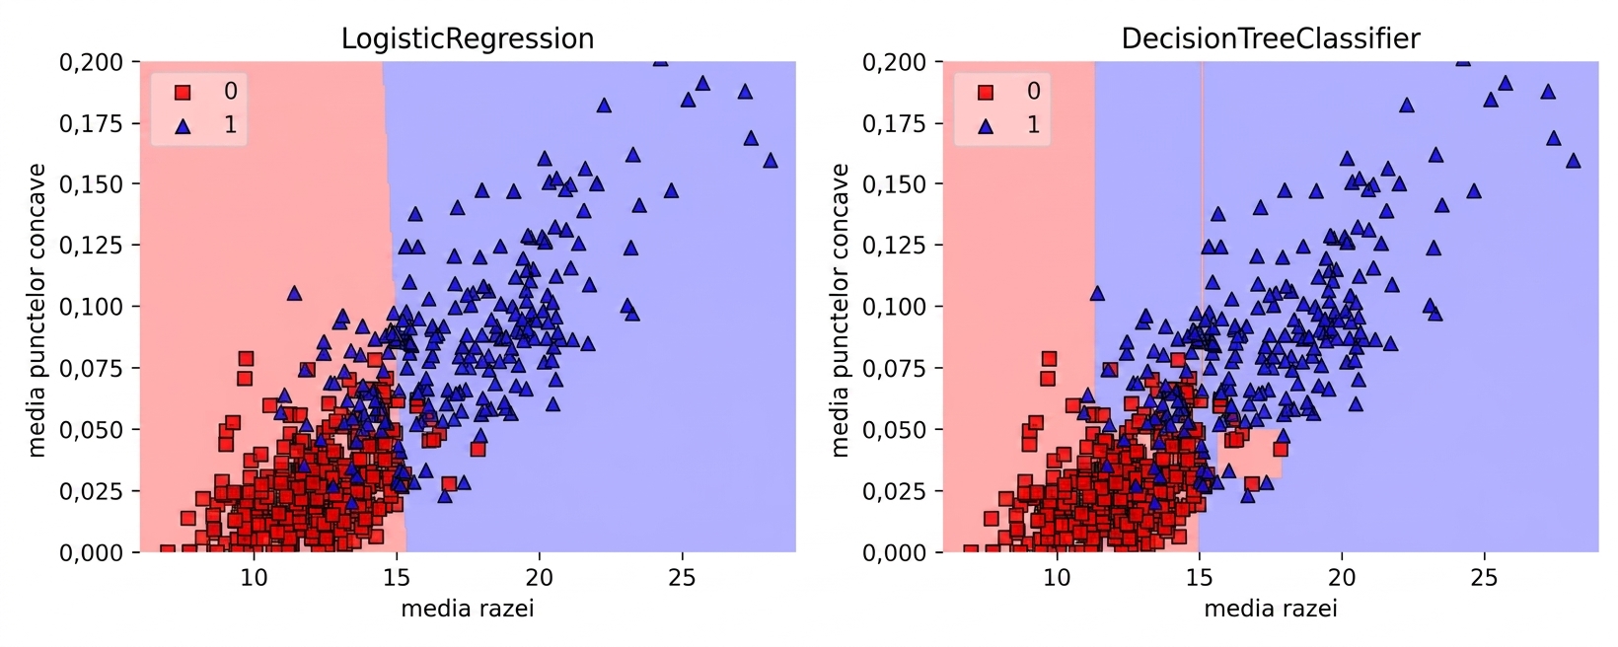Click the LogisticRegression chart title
click(468, 39)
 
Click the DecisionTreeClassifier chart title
click(1271, 39)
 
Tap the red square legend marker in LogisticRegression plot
click(183, 92)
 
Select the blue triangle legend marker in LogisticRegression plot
click(183, 125)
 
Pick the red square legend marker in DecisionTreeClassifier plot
click(986, 92)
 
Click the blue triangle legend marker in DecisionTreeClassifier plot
click(986, 125)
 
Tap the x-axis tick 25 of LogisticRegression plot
click(682, 578)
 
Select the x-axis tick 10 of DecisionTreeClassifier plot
click(1057, 578)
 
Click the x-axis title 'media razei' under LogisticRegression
click(468, 609)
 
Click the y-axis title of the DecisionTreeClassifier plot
click(840, 310)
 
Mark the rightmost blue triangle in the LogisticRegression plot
click(771, 161)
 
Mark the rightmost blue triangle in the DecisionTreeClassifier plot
click(1574, 161)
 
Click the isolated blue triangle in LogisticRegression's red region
click(294, 293)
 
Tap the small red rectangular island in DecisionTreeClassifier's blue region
click(1250, 454)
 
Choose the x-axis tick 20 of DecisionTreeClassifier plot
click(1342, 578)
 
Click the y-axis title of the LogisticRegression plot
click(37, 310)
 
